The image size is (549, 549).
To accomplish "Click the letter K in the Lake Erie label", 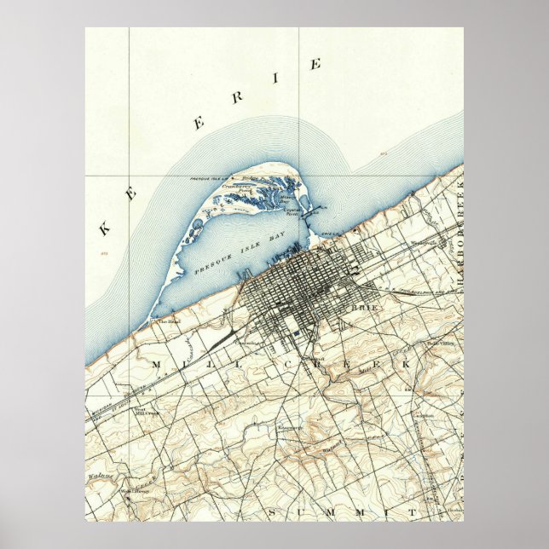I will [107, 228].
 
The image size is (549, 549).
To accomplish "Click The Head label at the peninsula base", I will [166, 321].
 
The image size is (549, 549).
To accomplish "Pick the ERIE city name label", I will [364, 305].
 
